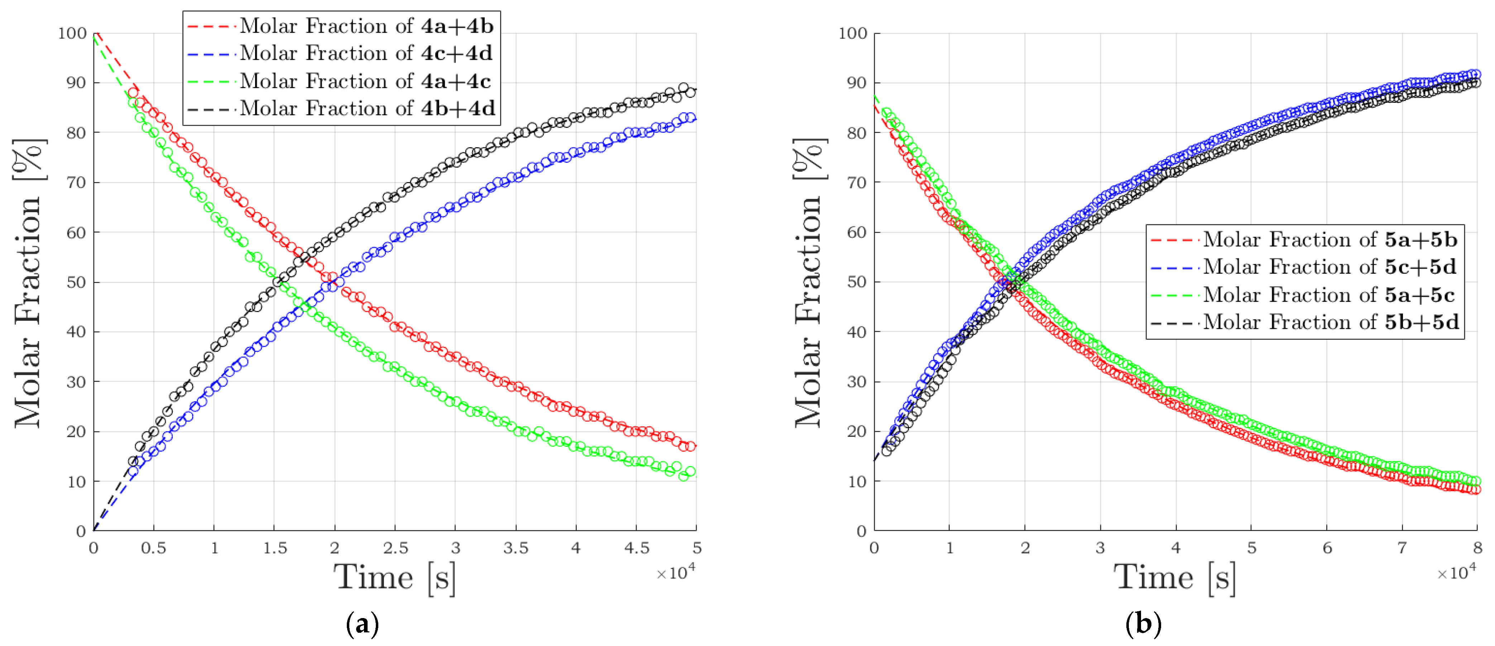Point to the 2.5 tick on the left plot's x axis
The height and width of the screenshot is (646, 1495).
395,548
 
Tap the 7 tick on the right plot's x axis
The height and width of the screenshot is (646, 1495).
1402,548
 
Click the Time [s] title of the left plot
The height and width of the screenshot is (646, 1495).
395,578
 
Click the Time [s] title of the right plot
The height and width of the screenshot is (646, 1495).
1175,578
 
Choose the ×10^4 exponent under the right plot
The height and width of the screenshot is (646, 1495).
1456,573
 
